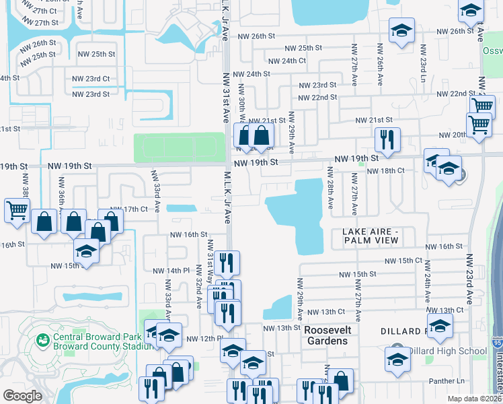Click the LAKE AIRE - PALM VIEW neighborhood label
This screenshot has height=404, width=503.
pos(371,236)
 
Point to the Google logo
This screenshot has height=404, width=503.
pos(23,396)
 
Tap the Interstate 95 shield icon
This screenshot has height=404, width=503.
pos(497,343)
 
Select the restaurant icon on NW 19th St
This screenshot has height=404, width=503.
pos(387,140)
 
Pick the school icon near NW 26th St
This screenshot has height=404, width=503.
pos(401,31)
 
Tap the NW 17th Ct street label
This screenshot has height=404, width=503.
pos(129,209)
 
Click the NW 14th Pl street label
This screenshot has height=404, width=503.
pos(165,271)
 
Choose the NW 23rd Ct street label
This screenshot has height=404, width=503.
pos(91,79)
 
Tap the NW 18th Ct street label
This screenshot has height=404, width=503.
pos(385,172)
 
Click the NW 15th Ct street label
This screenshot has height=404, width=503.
pos(403,261)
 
